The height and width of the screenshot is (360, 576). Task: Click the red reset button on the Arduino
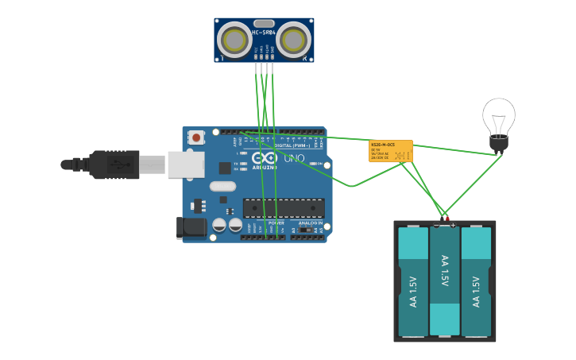point(196,137)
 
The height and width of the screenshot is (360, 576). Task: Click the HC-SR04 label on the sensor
point(264,33)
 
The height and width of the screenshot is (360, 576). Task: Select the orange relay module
point(390,151)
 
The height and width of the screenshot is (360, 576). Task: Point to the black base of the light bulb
point(498,143)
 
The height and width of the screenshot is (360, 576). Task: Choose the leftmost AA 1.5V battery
point(412,281)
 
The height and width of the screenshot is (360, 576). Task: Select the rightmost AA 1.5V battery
point(477,281)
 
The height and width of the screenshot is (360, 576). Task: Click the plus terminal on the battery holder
point(453,225)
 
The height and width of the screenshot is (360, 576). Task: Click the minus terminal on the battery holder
point(435,225)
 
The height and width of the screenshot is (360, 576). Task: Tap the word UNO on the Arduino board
point(294,158)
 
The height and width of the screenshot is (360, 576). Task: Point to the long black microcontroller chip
point(284,207)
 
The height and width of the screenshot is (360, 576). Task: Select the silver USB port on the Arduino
point(185,165)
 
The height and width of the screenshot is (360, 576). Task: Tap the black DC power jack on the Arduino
point(193,227)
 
